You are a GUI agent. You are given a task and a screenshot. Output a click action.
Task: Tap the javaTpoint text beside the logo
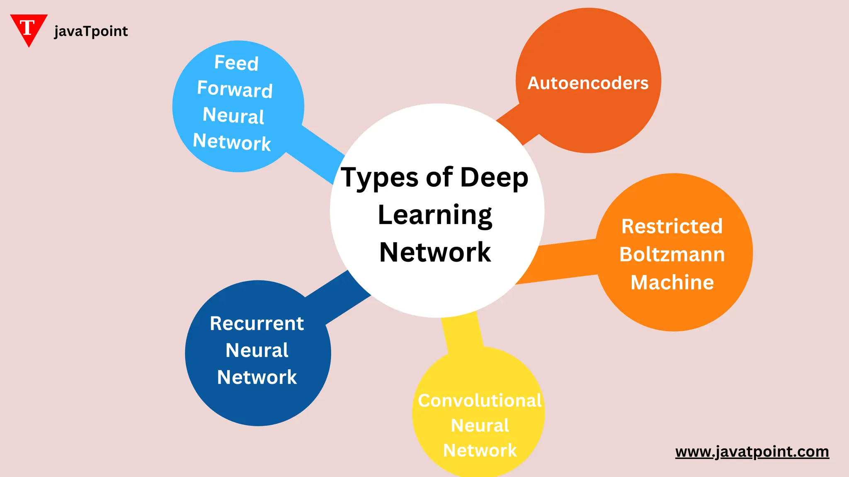[91, 31]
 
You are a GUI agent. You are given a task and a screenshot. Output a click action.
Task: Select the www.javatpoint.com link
[752, 451]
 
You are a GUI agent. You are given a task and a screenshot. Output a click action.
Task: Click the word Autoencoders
[588, 83]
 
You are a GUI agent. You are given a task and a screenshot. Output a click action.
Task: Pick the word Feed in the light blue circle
[236, 63]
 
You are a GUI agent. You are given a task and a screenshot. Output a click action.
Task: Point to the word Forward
[235, 89]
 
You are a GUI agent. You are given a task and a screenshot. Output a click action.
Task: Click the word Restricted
[672, 226]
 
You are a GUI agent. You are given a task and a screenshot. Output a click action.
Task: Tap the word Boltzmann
[672, 254]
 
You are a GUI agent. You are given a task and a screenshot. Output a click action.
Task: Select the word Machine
[672, 282]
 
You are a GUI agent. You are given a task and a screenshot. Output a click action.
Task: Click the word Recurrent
[257, 323]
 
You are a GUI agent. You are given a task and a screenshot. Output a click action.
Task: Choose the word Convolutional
[480, 401]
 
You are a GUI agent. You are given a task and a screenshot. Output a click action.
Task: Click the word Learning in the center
[435, 215]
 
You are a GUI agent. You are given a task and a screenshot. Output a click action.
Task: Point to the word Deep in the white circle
[494, 177]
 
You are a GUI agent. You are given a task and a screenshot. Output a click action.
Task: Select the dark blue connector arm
[338, 296]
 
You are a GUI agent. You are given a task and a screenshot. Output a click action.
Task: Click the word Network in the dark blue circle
[257, 377]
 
